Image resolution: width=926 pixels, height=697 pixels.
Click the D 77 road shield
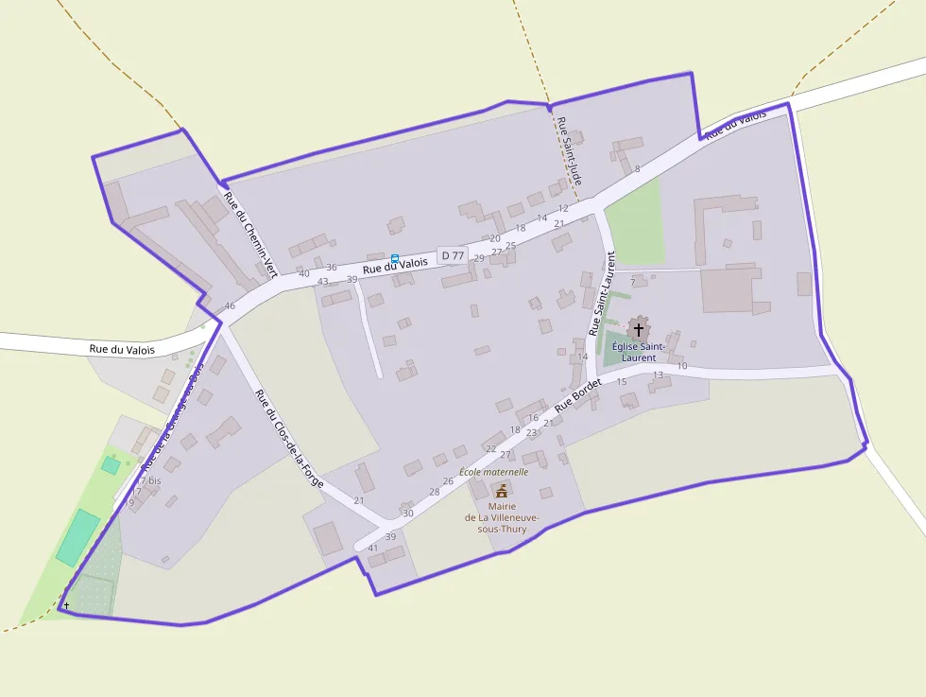(x=453, y=255)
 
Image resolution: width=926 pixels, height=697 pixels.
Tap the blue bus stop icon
(x=395, y=258)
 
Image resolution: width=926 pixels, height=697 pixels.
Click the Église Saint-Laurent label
(x=638, y=352)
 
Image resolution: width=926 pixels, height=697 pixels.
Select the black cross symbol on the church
(x=639, y=329)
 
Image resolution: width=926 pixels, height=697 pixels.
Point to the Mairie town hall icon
(x=501, y=490)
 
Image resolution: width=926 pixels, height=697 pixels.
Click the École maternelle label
(x=493, y=471)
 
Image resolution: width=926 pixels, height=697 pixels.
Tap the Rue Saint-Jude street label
(x=569, y=151)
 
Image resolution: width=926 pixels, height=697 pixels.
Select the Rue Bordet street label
(x=578, y=394)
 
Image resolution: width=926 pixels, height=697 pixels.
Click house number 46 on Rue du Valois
(x=230, y=306)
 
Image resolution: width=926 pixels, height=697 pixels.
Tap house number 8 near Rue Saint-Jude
(x=637, y=169)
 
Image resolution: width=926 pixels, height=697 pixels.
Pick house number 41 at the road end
(x=373, y=549)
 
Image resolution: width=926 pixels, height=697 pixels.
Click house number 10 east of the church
(x=682, y=365)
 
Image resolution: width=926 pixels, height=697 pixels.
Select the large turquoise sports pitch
(x=77, y=537)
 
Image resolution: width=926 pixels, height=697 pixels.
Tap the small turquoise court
(x=111, y=465)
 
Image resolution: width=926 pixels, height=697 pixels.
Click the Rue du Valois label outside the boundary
(x=122, y=349)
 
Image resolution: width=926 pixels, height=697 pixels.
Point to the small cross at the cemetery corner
(x=66, y=605)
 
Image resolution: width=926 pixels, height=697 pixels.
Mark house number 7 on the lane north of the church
(x=633, y=283)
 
